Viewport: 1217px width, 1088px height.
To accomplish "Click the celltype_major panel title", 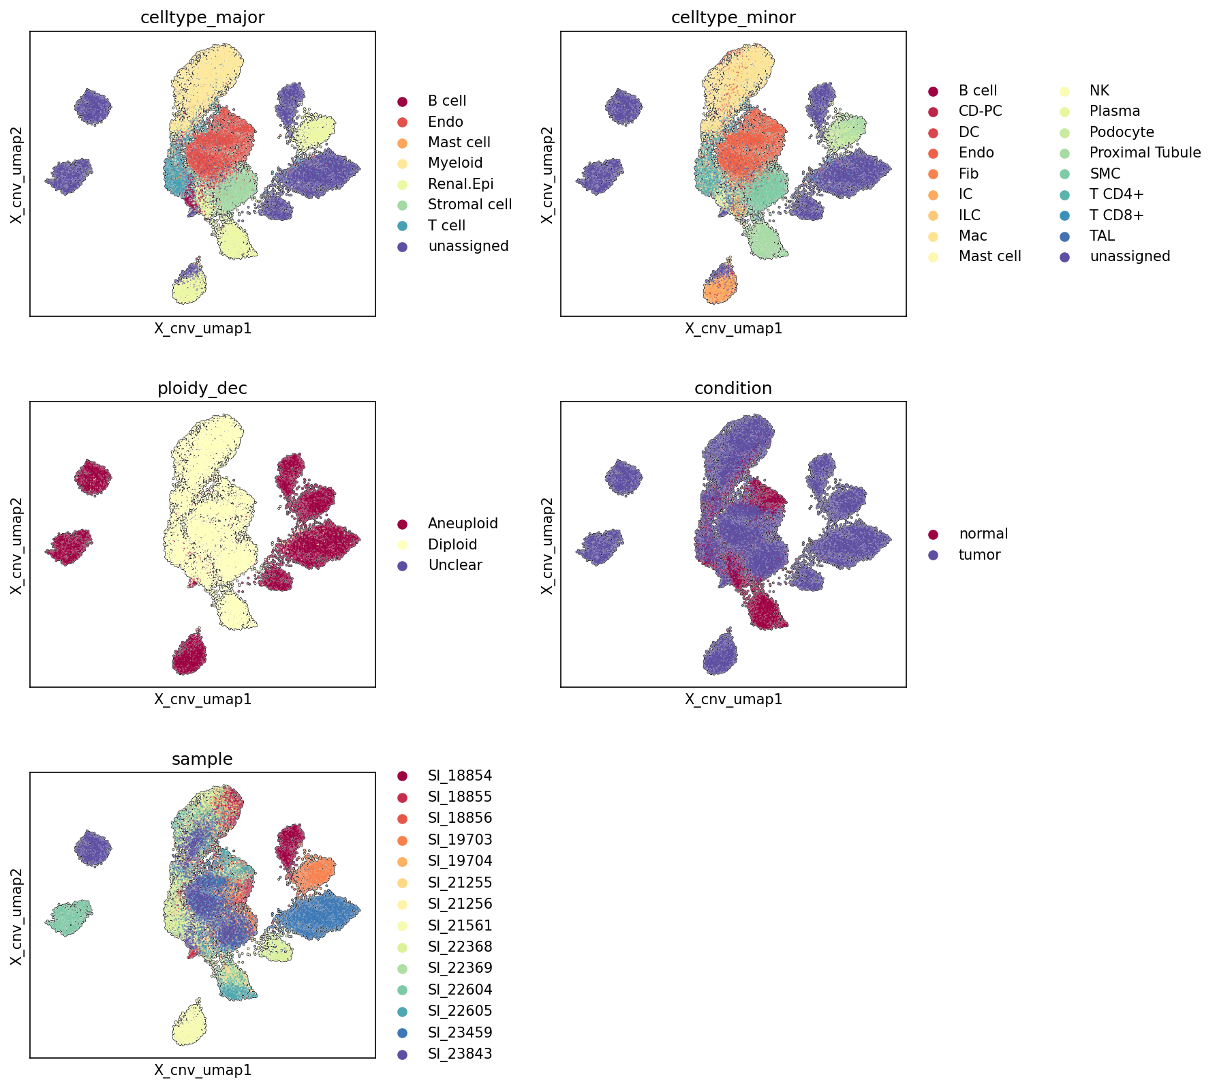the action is (202, 18).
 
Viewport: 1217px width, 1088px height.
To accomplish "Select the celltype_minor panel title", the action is (733, 18).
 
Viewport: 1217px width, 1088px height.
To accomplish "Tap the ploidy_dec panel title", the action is (202, 389).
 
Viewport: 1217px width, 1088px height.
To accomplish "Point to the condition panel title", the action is (733, 389).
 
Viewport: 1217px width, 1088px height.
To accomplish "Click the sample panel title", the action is (202, 759).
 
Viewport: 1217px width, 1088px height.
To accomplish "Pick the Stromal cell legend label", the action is (469, 205).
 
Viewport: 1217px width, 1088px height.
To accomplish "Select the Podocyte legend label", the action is (1122, 132).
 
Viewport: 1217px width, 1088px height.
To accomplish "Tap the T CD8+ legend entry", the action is (1117, 215).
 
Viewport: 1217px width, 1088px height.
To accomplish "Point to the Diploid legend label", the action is (452, 545).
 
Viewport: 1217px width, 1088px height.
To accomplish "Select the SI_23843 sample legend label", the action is (460, 1054).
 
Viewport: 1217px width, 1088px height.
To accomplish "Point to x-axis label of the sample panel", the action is (202, 1070).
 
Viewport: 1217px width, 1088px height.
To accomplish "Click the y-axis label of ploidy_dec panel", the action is (17, 545).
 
